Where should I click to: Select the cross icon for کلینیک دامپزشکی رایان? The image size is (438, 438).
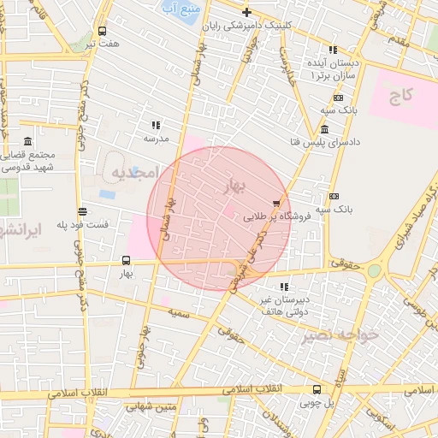pyautogui.click(x=247, y=12)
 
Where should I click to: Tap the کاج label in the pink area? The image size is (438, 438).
pyautogui.click(x=402, y=94)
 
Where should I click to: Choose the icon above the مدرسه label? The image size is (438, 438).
pyautogui.click(x=156, y=125)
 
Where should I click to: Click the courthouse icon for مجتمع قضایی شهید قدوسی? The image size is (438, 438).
pyautogui.click(x=28, y=141)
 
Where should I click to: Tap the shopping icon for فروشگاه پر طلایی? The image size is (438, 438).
pyautogui.click(x=275, y=204)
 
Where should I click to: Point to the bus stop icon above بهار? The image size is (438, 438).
pyautogui.click(x=127, y=260)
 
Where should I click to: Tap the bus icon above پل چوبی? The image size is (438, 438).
pyautogui.click(x=317, y=388)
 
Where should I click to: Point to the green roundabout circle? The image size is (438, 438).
pyautogui.click(x=374, y=271)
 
